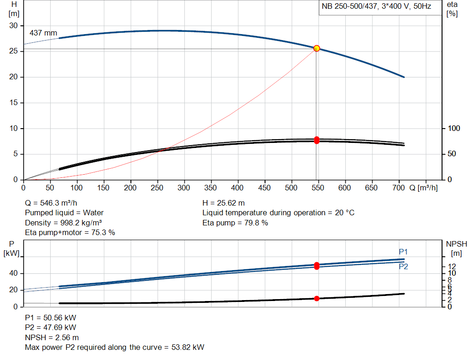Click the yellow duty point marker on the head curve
tap(317, 48)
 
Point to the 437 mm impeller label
tap(43, 33)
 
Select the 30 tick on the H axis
tap(13, 26)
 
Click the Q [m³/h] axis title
tap(423, 188)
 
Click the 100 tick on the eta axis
tap(454, 128)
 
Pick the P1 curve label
tap(403, 252)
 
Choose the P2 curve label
tap(403, 266)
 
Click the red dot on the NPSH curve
tap(317, 298)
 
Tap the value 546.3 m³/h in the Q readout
tap(59, 203)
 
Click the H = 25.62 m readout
tap(224, 203)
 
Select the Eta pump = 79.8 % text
tap(235, 223)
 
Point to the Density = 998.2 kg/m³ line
tap(63, 223)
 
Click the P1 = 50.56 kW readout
tap(51, 318)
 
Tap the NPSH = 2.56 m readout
tap(52, 337)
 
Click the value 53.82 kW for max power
tap(188, 347)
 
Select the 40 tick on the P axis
tap(13, 273)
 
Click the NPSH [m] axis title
tap(456, 248)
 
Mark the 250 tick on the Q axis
tap(157, 188)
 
